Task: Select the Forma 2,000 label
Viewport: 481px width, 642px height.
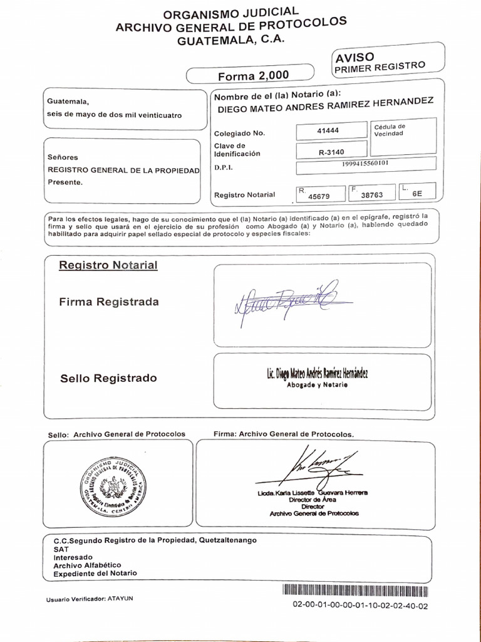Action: point(253,76)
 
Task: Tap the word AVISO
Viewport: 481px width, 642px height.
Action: point(356,56)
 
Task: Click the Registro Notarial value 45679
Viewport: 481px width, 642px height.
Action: point(320,196)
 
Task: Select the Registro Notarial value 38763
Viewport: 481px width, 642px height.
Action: point(372,195)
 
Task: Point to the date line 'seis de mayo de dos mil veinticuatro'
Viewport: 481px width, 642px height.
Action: point(115,115)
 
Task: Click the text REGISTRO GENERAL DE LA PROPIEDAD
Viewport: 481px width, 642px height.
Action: point(124,170)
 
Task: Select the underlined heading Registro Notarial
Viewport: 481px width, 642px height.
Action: point(108,265)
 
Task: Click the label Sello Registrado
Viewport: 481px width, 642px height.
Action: point(108,378)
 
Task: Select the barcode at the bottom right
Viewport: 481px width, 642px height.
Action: point(356,590)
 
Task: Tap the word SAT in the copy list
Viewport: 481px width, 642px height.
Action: point(61,548)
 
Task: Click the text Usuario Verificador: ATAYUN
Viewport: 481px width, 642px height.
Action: point(90,599)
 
